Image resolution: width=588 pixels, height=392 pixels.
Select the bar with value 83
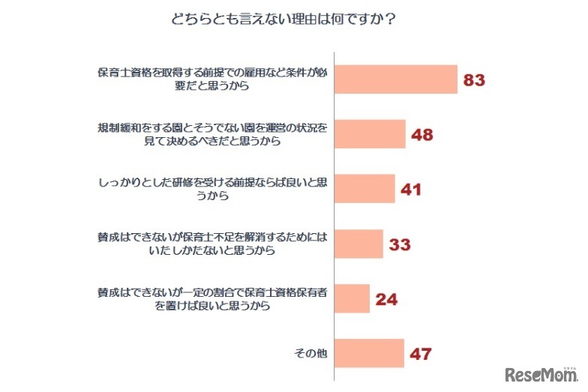(395, 79)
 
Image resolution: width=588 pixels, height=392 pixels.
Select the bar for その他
(369, 353)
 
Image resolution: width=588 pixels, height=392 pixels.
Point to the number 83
(475, 80)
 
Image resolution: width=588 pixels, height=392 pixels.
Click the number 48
(423, 135)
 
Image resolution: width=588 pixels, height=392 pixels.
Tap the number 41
(411, 190)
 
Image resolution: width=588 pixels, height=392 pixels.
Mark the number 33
(400, 244)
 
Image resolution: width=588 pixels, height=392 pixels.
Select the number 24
(385, 299)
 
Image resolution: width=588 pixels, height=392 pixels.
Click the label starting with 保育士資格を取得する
(213, 79)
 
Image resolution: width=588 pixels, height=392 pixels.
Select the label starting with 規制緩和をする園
(213, 134)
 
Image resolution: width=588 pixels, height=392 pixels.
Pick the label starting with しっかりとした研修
(213, 189)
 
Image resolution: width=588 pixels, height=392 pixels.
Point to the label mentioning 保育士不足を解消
(213, 244)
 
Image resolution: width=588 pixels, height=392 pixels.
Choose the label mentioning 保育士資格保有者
(213, 298)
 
